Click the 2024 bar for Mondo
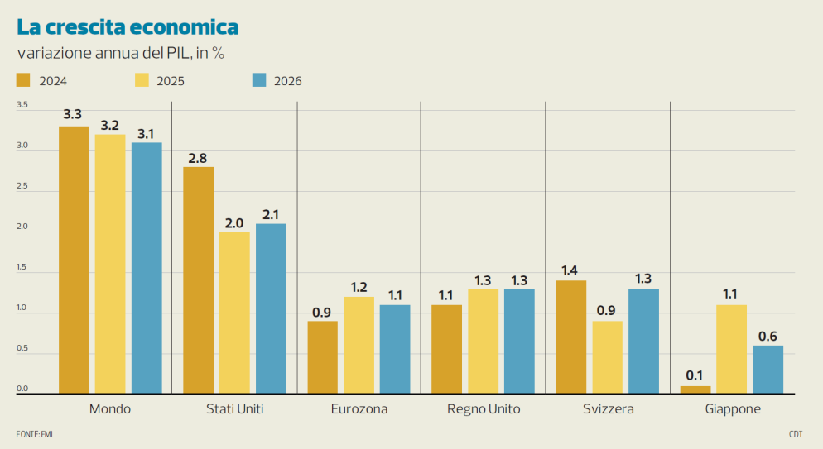tap(74, 260)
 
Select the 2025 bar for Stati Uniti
tap(234, 313)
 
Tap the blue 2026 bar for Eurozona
tap(395, 349)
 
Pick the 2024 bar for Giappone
tap(695, 389)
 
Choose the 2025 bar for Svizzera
tap(607, 357)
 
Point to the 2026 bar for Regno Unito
tap(519, 341)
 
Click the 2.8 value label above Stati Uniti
tap(198, 158)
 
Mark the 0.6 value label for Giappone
tap(768, 337)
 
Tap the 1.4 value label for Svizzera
tap(570, 271)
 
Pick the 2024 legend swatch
tap(23, 80)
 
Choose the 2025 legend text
tap(171, 81)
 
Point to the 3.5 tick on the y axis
tap(22, 106)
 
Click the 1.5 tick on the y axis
tap(22, 268)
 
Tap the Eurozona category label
tap(359, 409)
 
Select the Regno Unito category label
tap(483, 409)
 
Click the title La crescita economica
tap(128, 27)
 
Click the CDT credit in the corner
tap(796, 434)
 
